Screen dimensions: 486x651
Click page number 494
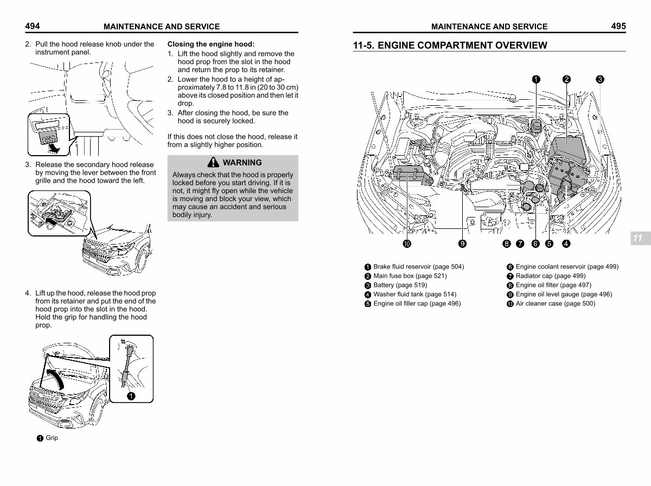(x=32, y=25)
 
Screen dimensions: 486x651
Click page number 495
(x=618, y=25)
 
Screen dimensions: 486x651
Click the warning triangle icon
(x=213, y=162)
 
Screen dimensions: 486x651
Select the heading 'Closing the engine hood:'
(x=210, y=44)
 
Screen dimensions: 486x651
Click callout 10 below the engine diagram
(x=406, y=244)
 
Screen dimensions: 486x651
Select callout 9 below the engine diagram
(x=462, y=244)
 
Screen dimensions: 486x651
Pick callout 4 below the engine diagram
(x=566, y=244)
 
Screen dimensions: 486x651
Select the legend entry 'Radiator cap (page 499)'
(x=550, y=276)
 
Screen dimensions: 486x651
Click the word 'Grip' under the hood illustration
(x=52, y=438)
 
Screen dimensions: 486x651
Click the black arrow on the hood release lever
(x=50, y=220)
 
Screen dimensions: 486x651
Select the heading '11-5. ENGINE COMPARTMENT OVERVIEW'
(x=450, y=45)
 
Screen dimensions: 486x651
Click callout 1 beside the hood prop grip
(x=131, y=396)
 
